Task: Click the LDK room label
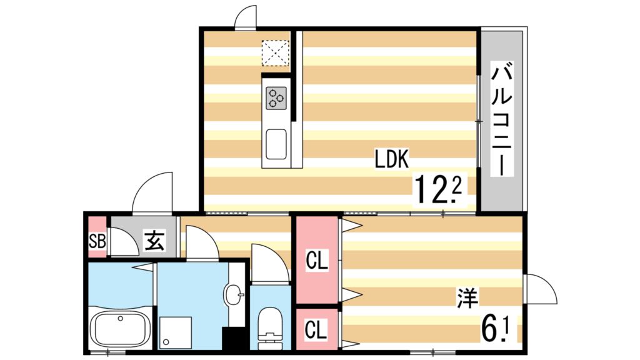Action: [391, 159]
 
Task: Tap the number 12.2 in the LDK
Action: [438, 188]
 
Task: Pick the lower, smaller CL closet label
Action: [317, 329]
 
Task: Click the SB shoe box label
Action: [97, 240]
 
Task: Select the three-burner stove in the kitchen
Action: [276, 97]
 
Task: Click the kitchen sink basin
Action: [276, 144]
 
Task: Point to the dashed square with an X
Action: [276, 53]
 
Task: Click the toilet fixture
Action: [271, 325]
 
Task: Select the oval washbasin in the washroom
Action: [235, 292]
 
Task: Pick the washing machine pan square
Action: [174, 331]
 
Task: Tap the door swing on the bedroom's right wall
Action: [540, 289]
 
